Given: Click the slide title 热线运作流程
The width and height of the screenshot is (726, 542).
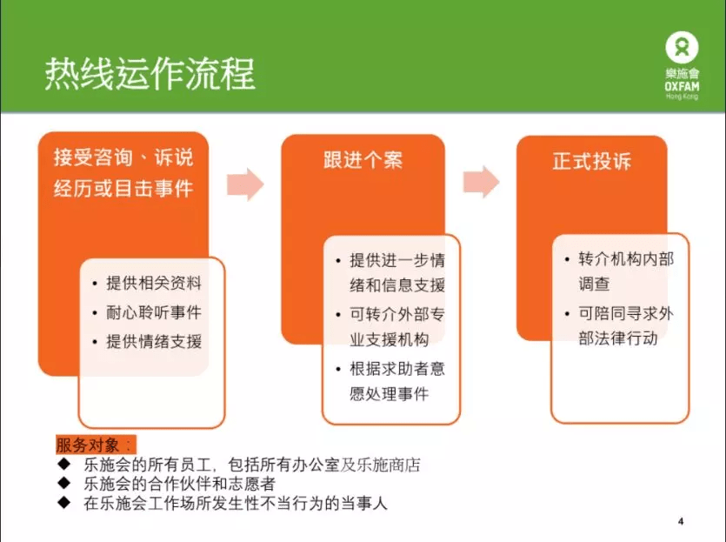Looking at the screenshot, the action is click(150, 74).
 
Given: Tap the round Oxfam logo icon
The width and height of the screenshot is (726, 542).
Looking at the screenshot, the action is click(682, 47).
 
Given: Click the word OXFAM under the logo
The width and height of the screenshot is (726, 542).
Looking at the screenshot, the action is click(682, 87).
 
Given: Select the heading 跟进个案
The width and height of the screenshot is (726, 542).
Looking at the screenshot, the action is click(363, 160).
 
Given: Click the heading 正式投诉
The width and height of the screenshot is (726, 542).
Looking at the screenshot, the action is click(592, 161).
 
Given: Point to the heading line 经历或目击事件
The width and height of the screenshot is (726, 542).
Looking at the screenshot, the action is click(123, 189).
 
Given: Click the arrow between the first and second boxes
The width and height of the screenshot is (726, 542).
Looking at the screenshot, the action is click(245, 184).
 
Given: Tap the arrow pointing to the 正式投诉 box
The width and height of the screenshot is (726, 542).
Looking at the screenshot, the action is click(482, 182).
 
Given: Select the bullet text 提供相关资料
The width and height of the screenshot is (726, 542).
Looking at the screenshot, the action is click(154, 283).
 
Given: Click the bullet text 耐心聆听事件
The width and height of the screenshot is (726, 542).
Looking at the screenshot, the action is click(154, 312).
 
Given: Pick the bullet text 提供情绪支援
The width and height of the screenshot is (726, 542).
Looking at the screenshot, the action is click(154, 341).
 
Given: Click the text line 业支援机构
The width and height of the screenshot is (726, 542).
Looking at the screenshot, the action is click(389, 339).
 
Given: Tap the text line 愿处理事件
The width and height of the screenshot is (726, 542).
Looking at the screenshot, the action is click(389, 394).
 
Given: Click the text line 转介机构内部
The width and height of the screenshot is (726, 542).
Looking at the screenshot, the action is click(626, 259).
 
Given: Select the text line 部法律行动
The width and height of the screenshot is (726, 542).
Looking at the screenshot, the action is click(617, 338).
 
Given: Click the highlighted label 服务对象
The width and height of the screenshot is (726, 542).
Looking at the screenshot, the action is click(96, 445).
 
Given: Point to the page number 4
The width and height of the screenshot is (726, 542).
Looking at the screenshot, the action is click(681, 522).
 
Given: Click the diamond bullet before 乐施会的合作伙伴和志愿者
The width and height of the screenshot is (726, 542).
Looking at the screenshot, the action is click(63, 483).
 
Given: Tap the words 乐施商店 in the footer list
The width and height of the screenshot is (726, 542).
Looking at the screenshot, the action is click(389, 465).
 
